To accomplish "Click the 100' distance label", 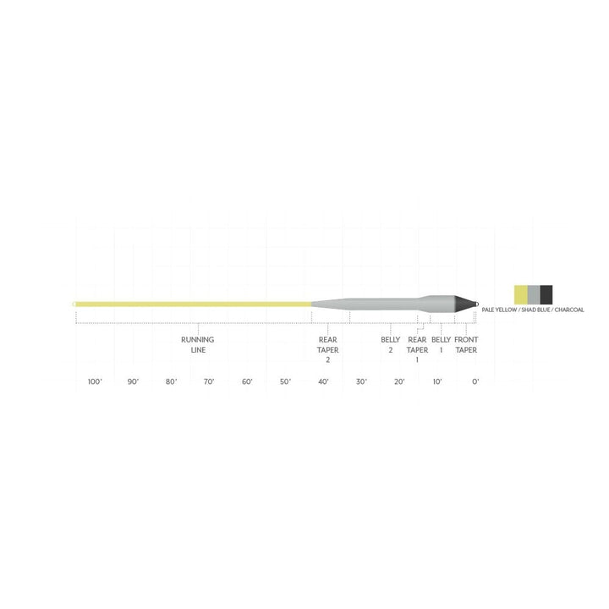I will click(95, 381).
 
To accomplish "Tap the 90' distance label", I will click(133, 381).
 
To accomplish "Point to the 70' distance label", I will click(209, 381).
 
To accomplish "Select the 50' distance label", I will click(285, 381).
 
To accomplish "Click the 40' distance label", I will click(323, 381).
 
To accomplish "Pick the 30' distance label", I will click(361, 381).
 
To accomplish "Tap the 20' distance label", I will click(399, 381).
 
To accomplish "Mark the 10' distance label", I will click(437, 381).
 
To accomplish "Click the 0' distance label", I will click(475, 381).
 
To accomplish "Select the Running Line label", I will click(198, 344).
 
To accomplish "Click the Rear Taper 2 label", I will click(328, 349).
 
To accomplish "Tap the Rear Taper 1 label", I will click(417, 349).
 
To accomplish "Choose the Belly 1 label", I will click(441, 344).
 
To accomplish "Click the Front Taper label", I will click(466, 344).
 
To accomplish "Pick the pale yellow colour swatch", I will click(521, 294).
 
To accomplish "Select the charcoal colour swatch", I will click(546, 294).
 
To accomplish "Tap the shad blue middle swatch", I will click(534, 294).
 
